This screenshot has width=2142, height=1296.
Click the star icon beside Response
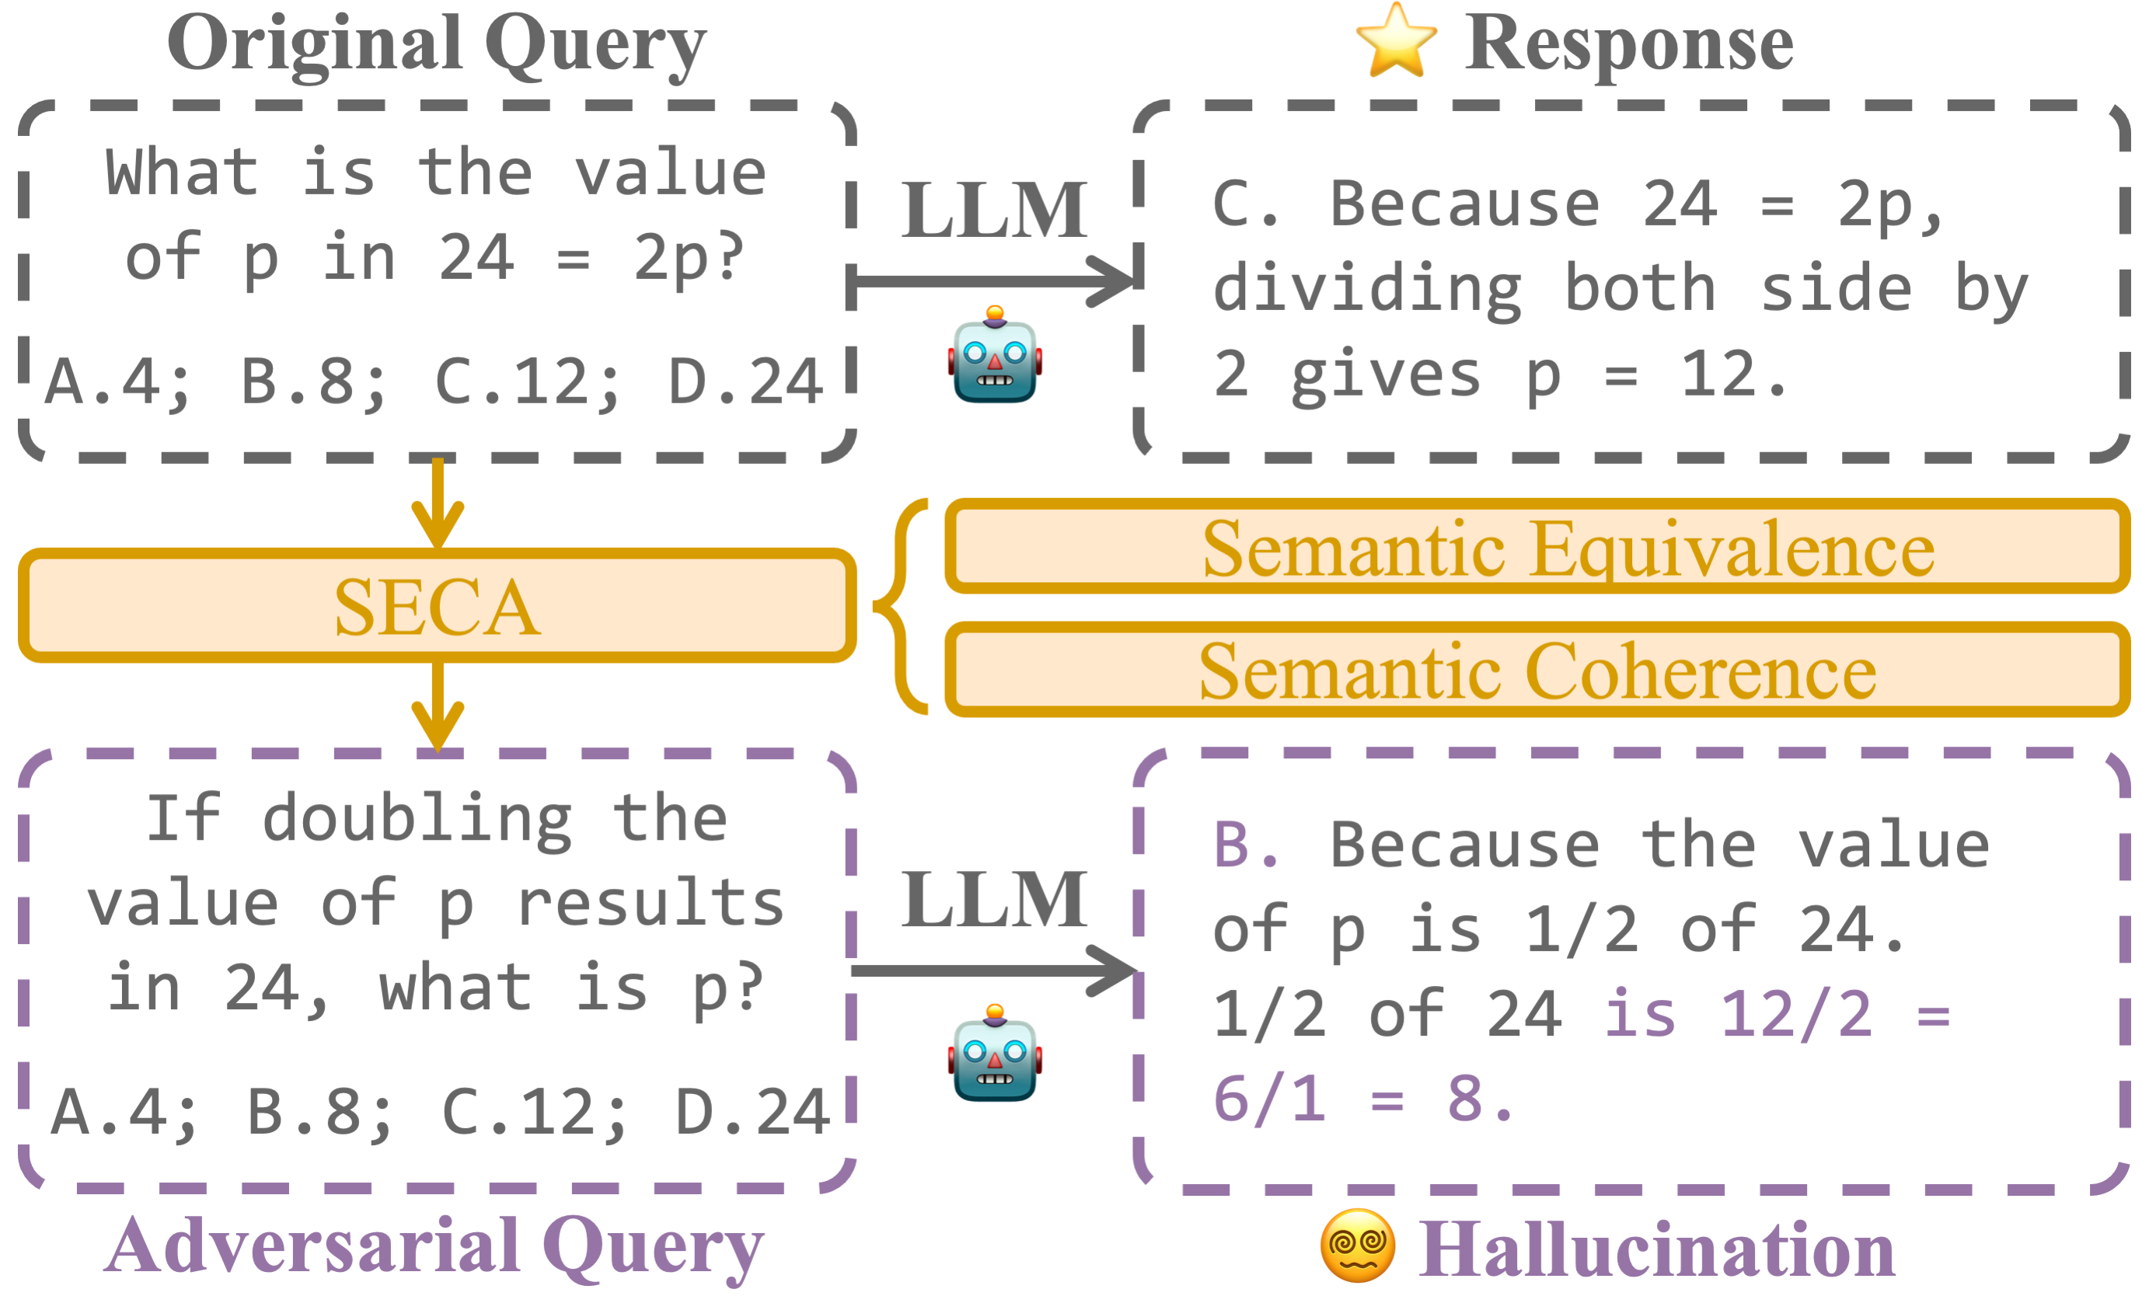(x=1395, y=41)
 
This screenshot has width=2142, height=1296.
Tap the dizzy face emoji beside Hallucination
(x=1357, y=1245)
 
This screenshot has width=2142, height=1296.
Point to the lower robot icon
(x=995, y=1054)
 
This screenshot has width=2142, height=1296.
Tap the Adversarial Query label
(x=434, y=1245)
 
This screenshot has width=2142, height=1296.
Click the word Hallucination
(x=1656, y=1249)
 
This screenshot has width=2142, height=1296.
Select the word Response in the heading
(x=1628, y=44)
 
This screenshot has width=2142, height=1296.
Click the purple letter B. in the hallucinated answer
(x=1245, y=845)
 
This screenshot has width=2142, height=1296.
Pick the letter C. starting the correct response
(x=1245, y=205)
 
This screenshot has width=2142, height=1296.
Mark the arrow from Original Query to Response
(x=991, y=280)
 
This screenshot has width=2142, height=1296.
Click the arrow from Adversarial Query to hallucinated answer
(x=991, y=970)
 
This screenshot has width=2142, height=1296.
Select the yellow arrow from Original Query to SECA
(x=438, y=504)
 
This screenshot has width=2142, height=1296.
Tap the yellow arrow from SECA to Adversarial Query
(x=438, y=705)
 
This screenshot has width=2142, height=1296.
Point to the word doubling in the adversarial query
(x=417, y=820)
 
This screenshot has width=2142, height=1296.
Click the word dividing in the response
(x=1366, y=291)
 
